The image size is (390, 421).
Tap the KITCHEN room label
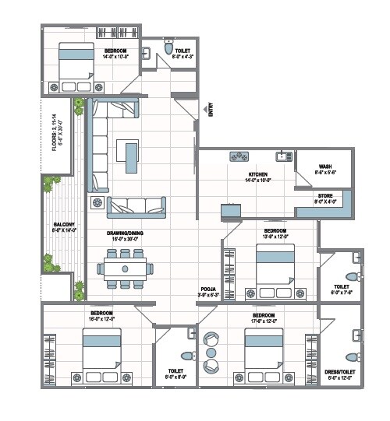(x=258, y=175)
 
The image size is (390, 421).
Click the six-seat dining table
(x=126, y=268)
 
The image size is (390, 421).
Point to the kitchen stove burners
(x=239, y=157)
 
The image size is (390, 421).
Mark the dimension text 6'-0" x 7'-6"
(x=342, y=293)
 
